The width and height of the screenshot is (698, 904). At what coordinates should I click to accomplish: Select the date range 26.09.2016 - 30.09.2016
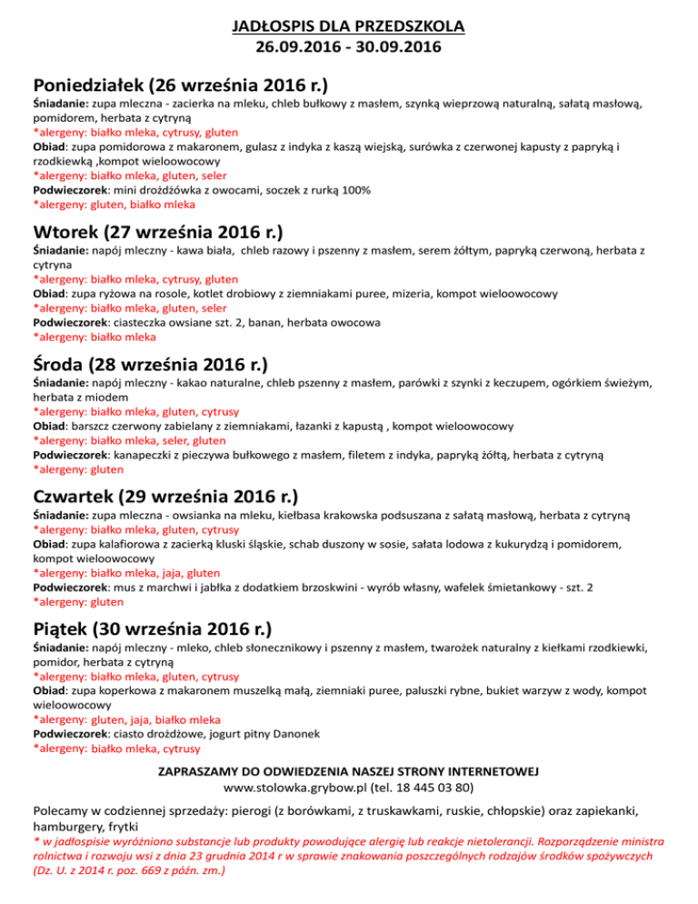pyautogui.click(x=348, y=45)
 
